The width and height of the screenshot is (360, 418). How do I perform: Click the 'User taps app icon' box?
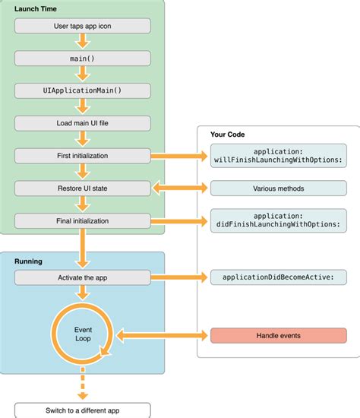click(x=81, y=25)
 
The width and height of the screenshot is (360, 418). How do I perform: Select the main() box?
click(x=81, y=58)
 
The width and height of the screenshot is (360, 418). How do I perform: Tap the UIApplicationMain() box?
click(x=81, y=90)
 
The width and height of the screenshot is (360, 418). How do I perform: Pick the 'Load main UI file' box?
click(x=81, y=122)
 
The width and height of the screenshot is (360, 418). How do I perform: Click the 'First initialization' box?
click(x=81, y=155)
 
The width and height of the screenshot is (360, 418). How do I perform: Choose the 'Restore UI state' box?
click(x=81, y=187)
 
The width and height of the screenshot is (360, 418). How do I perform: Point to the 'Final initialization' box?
click(x=81, y=221)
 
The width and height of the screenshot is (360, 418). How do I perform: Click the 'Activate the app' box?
click(x=81, y=278)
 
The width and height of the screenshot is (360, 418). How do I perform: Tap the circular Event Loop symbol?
click(x=81, y=335)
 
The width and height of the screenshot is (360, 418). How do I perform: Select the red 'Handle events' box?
click(x=278, y=335)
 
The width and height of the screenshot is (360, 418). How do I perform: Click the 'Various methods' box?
click(x=278, y=187)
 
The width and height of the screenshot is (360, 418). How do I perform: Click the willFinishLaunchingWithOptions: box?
click(x=278, y=155)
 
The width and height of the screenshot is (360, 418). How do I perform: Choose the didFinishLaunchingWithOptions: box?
click(x=278, y=221)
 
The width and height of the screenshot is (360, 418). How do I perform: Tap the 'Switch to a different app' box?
click(x=81, y=411)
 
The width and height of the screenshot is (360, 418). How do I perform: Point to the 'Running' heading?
click(x=28, y=261)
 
